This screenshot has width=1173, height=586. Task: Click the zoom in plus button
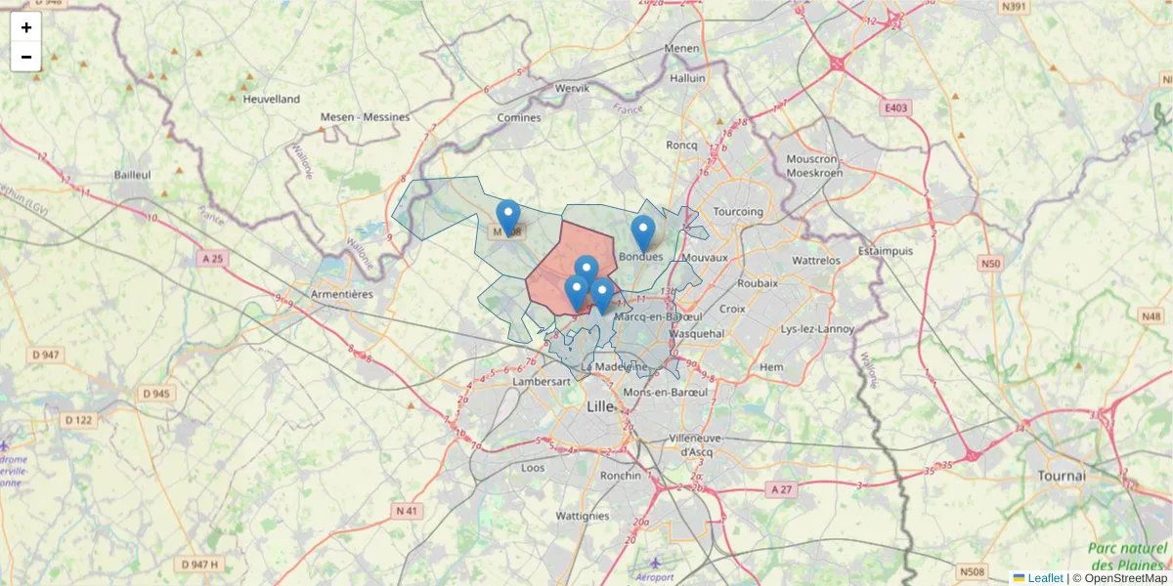[26, 27]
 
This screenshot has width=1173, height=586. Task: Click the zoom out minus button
[26, 57]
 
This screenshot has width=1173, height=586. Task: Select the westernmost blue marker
[508, 218]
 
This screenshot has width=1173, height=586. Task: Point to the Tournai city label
[1062, 476]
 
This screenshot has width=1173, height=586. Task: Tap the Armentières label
[341, 294]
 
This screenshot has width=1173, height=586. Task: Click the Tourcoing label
[738, 212]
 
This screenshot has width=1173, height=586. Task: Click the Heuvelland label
[271, 99]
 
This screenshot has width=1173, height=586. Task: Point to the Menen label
[681, 48]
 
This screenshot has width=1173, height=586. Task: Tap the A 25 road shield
[211, 259]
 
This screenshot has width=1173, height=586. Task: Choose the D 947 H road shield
[200, 565]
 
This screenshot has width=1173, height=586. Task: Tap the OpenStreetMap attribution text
[1125, 578]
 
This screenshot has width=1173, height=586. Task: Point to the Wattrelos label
[815, 261]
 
